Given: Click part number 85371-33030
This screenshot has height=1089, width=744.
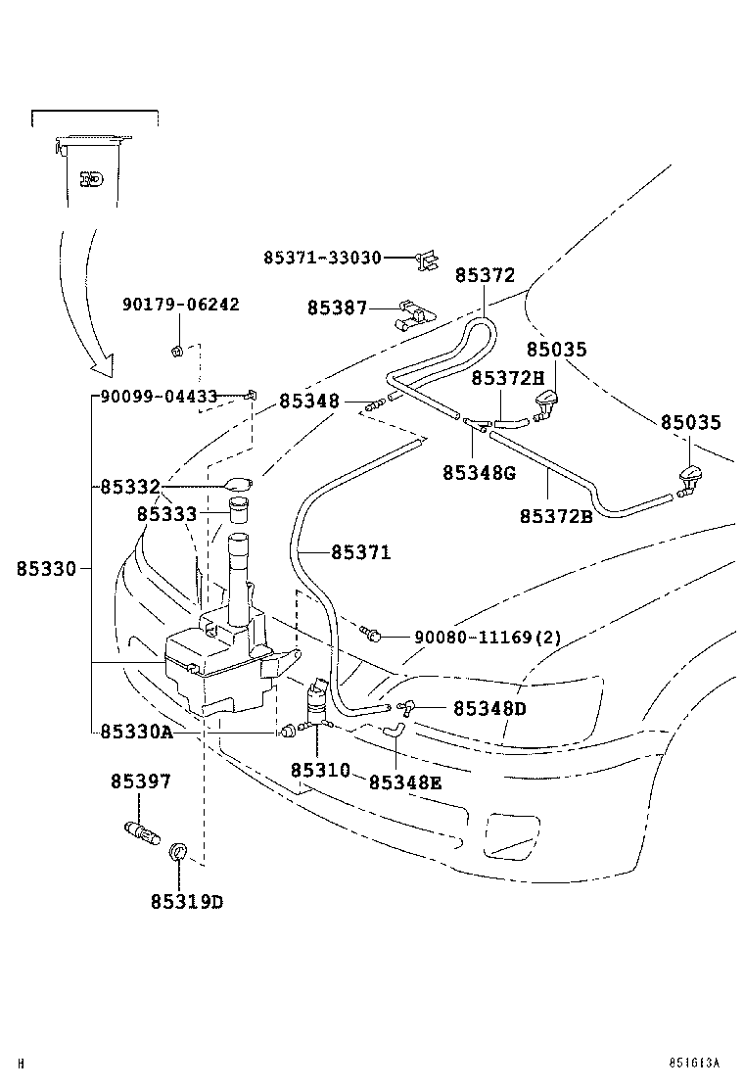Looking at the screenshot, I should pyautogui.click(x=322, y=257).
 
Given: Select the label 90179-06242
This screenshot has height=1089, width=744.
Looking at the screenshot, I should pyautogui.click(x=180, y=305).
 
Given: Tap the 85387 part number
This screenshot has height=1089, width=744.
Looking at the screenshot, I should pyautogui.click(x=337, y=308).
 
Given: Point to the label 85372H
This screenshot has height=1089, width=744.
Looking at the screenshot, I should pyautogui.click(x=507, y=377).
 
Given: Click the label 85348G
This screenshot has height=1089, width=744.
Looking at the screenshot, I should pyautogui.click(x=478, y=472).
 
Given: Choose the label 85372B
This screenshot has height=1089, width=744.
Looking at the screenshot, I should pyautogui.click(x=555, y=516).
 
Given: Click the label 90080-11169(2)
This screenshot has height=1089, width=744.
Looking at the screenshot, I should pyautogui.click(x=488, y=637).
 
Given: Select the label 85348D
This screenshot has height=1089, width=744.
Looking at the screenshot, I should pyautogui.click(x=488, y=707).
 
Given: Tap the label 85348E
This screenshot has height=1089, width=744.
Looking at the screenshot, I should pyautogui.click(x=404, y=781).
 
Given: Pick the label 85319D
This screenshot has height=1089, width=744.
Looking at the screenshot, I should pyautogui.click(x=186, y=901).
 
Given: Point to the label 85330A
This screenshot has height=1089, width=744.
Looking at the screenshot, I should pyautogui.click(x=136, y=732).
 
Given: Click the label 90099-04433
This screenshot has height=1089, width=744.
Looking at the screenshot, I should pyautogui.click(x=159, y=398).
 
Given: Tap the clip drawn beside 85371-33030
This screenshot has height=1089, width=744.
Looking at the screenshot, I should pyautogui.click(x=424, y=258).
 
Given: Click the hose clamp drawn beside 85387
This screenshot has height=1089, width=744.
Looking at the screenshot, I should pyautogui.click(x=413, y=316).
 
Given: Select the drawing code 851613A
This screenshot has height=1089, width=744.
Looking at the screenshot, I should pyautogui.click(x=694, y=1063).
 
